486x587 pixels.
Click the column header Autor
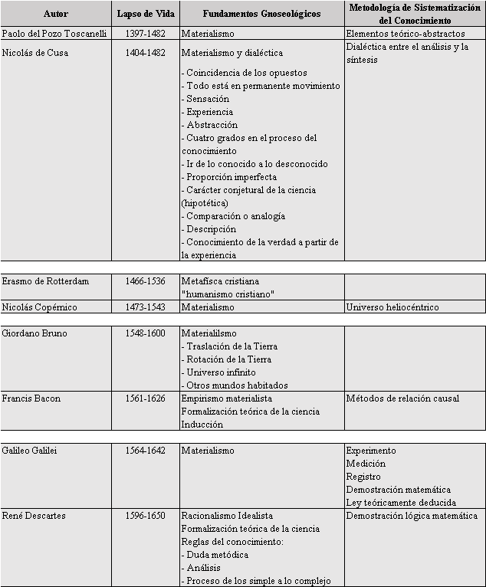coord(56,14)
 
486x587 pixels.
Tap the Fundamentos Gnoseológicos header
coord(261,14)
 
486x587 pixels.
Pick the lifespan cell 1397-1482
coord(145,34)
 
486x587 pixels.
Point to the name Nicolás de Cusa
coord(34,52)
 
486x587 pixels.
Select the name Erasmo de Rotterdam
coord(45,281)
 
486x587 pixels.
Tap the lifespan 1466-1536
coord(145,281)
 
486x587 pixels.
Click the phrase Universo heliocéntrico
coord(392,307)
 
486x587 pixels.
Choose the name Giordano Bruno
coord(33,333)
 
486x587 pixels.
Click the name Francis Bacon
coord(31,398)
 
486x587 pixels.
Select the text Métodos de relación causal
coord(402,398)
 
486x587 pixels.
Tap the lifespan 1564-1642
coord(145,451)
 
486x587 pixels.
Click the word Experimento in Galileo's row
coord(371,451)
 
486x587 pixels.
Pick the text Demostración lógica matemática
coord(412,516)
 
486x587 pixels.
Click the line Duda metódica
coord(217,555)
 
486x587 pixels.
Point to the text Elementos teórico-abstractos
coord(405,34)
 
